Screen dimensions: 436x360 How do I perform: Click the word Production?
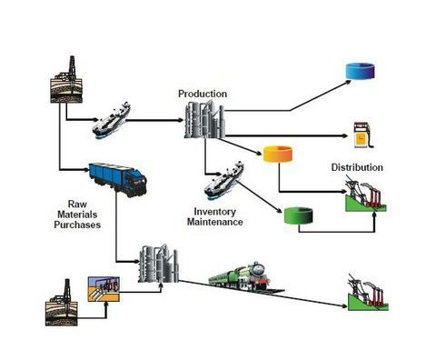203,94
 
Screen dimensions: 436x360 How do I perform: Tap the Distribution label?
357,167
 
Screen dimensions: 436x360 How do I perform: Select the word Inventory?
215,212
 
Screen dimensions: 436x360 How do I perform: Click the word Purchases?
77,225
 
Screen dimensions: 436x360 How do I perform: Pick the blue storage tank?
361,71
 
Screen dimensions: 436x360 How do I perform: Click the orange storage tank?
278,155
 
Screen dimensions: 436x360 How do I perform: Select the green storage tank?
298,215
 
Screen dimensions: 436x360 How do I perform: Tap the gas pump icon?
363,135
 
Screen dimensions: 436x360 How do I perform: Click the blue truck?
118,180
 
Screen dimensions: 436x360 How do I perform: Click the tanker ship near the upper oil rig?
111,120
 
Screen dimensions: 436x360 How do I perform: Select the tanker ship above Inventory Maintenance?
223,180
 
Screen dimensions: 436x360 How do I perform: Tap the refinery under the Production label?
204,120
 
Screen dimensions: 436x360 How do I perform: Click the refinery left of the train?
159,264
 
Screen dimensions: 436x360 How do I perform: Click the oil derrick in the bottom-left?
62,303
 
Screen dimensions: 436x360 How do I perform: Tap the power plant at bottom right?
368,293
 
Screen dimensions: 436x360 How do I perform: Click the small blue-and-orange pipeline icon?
104,289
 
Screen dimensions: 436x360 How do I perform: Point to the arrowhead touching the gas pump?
345,136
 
